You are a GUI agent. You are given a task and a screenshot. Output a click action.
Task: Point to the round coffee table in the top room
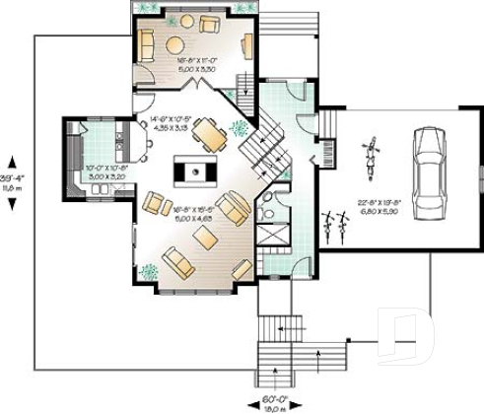(174, 43)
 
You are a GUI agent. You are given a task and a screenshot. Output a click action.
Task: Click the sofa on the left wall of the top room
(146, 44)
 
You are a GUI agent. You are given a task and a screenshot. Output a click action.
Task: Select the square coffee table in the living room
(205, 238)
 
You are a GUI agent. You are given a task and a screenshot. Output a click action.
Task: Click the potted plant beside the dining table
(237, 127)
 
